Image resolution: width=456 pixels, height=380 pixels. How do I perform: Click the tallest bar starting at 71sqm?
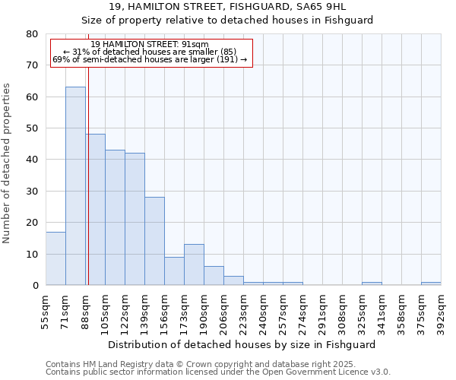click(75, 186)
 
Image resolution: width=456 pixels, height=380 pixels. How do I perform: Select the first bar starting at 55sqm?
click(55, 258)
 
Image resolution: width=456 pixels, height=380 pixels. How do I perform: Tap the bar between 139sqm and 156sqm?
click(154, 241)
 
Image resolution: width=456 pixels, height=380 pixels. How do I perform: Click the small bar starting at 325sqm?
click(372, 283)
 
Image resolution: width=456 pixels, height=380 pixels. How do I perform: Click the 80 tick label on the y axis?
click(33, 34)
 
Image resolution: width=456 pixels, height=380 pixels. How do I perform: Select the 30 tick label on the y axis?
click(33, 192)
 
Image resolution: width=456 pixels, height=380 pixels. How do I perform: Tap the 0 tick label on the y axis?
click(36, 286)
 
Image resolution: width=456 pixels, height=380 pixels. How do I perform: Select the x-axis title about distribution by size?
click(242, 344)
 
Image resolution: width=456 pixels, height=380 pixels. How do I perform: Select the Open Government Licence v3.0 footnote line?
click(218, 372)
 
